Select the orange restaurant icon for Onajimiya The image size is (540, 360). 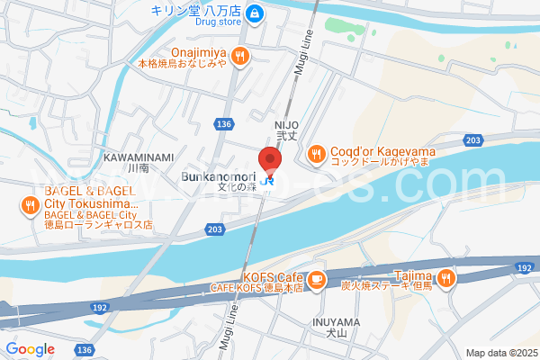(x=238, y=56)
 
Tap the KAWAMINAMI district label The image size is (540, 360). (x=138, y=157)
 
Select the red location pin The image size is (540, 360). (x=270, y=158)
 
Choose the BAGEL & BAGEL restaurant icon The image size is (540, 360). (x=31, y=205)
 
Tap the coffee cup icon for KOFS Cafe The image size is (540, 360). (x=315, y=282)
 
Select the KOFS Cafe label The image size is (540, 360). (x=271, y=275)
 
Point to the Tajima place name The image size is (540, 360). (x=415, y=275)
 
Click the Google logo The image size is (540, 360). (x=30, y=349)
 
